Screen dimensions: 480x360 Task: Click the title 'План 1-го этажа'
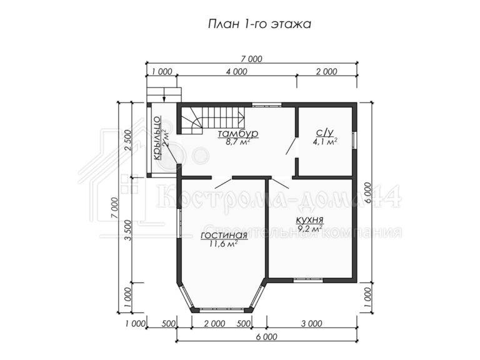click(259, 24)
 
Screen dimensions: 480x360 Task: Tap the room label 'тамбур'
click(238, 134)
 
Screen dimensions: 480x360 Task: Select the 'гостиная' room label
click(224, 235)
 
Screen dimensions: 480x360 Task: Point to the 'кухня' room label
click(310, 220)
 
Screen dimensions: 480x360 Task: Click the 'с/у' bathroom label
click(324, 132)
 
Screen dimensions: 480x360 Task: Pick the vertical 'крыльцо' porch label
click(157, 137)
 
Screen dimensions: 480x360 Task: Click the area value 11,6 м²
click(224, 244)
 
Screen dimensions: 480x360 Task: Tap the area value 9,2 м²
click(310, 228)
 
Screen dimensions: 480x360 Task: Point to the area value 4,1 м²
click(325, 141)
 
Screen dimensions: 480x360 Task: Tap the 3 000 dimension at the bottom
click(311, 324)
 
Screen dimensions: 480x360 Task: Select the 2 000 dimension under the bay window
click(214, 324)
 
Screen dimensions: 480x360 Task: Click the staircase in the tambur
click(212, 120)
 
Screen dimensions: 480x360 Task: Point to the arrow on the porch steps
click(164, 94)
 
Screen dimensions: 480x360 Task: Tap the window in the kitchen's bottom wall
click(308, 280)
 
